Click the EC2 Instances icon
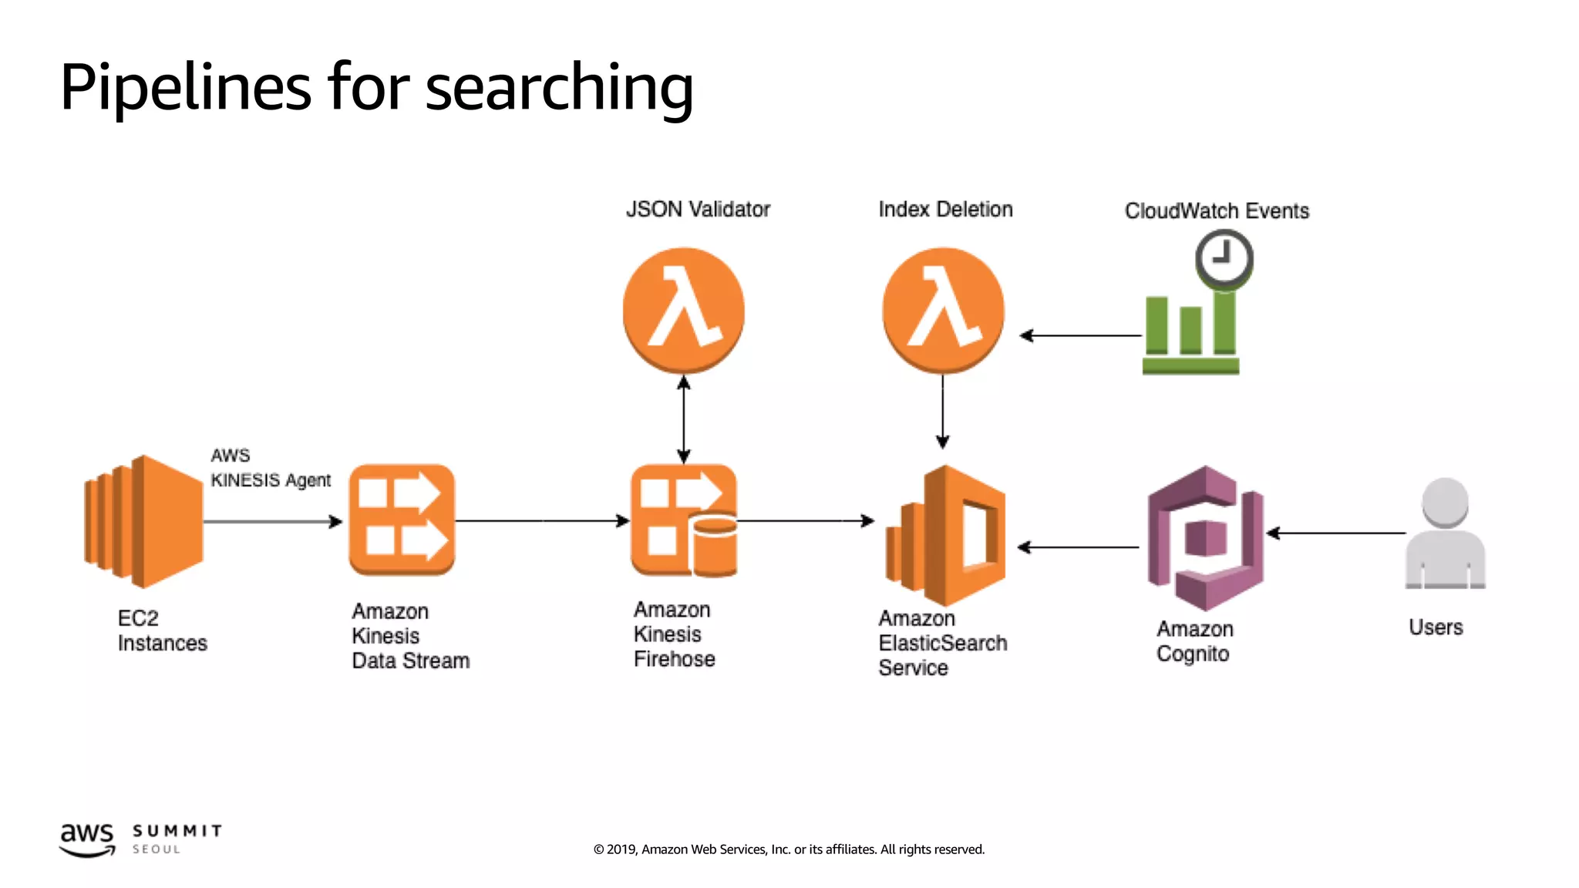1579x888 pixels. (143, 521)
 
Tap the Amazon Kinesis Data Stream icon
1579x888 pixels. (402, 520)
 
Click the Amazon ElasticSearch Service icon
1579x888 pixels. (945, 535)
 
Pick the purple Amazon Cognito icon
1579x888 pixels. (1205, 537)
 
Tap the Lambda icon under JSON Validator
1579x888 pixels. (683, 310)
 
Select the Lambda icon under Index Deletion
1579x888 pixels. (943, 310)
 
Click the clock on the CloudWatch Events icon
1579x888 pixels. (1224, 258)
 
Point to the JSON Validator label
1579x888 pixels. (698, 210)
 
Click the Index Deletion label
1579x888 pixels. (945, 210)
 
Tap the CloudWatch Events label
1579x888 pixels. (1217, 211)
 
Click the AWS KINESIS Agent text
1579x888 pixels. (270, 469)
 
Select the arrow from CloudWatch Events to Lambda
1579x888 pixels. (1080, 335)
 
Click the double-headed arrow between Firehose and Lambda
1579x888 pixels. (683, 419)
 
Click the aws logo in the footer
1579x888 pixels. (87, 839)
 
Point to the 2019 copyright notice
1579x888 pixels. (789, 849)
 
